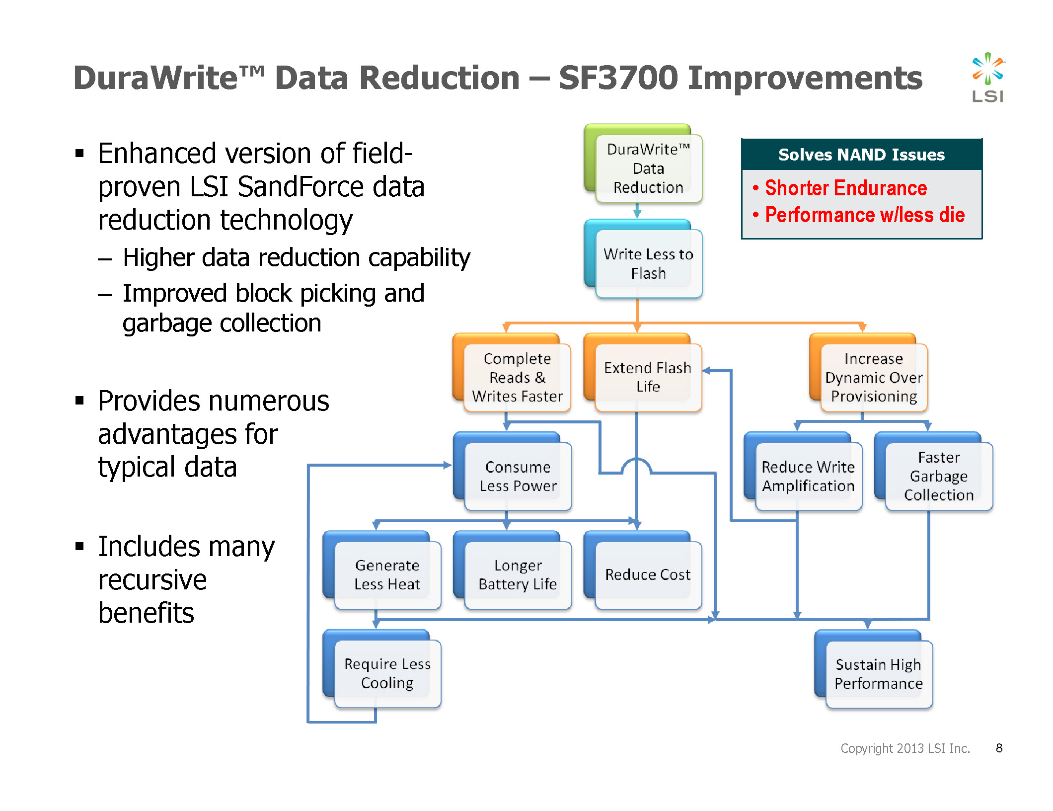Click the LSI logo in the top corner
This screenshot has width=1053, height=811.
point(987,77)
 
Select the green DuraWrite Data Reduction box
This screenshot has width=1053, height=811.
point(643,163)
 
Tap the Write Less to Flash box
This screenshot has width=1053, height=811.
point(643,259)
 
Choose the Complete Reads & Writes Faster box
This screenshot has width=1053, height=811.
point(512,373)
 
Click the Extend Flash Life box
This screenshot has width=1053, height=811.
point(643,373)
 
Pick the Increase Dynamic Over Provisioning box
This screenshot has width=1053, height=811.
point(869,373)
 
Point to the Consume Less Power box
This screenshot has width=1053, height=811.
point(513,472)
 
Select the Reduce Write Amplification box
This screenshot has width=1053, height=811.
point(803,472)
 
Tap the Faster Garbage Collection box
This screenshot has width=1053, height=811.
point(934,472)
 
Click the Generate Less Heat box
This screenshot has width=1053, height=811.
point(382,570)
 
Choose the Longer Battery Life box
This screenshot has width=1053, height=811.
point(513,570)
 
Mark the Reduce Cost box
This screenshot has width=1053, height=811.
point(643,570)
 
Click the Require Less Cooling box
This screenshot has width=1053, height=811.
point(382,669)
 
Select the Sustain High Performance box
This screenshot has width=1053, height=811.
point(874,669)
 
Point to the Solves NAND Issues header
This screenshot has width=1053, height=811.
point(862,155)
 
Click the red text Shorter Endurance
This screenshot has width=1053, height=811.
point(846,188)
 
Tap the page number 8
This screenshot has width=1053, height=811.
point(999,748)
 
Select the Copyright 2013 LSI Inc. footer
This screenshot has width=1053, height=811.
point(905,748)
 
